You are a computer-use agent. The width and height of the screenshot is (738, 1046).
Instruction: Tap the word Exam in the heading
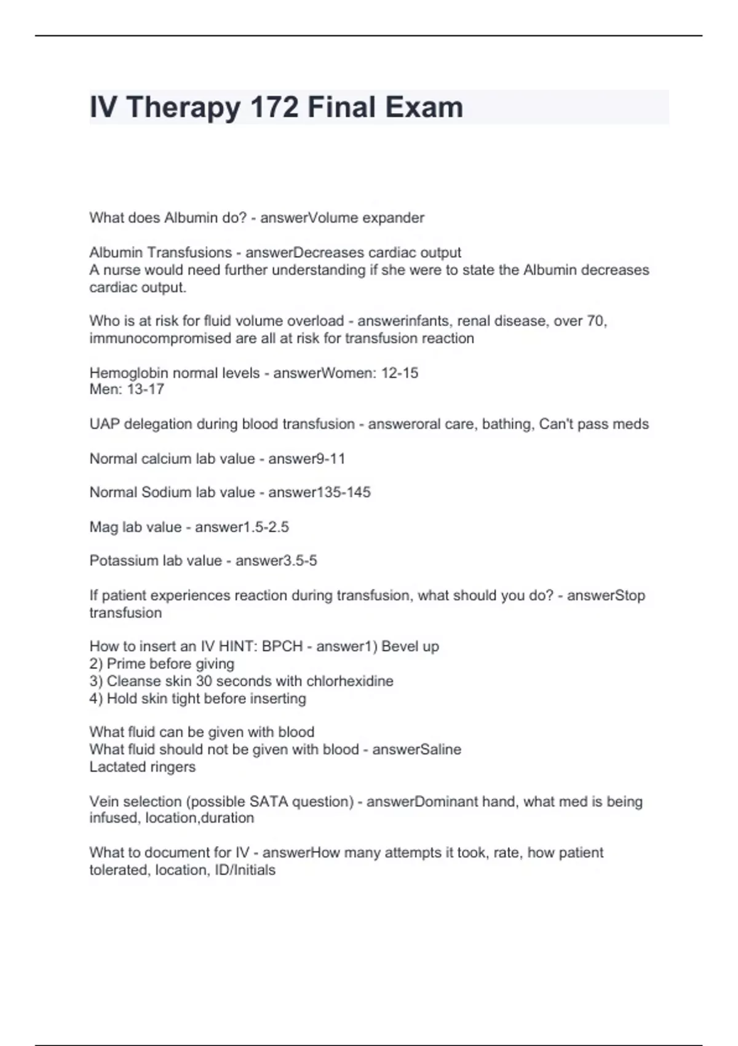click(424, 107)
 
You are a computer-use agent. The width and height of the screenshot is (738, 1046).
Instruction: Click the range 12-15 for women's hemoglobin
click(399, 373)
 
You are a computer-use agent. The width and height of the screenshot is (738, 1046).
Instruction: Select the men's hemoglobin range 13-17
click(145, 389)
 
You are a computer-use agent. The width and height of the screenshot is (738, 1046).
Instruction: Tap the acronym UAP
click(105, 425)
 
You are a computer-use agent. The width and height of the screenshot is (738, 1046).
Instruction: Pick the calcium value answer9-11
click(306, 459)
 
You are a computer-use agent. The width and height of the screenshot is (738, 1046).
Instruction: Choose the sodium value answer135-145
click(319, 492)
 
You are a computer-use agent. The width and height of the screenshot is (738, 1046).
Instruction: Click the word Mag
click(103, 527)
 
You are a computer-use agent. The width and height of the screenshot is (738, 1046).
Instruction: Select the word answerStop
click(606, 596)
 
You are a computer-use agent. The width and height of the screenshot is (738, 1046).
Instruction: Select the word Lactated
click(115, 767)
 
